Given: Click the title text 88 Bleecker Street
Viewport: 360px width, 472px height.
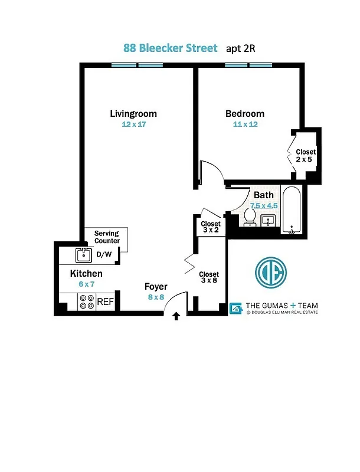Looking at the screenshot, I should click(x=171, y=48).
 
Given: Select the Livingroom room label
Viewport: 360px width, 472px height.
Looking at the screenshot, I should click(x=133, y=113).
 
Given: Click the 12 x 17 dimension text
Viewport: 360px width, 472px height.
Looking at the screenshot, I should click(x=133, y=124).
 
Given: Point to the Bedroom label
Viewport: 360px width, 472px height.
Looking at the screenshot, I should click(x=244, y=113).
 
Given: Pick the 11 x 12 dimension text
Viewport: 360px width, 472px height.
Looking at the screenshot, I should click(x=245, y=124).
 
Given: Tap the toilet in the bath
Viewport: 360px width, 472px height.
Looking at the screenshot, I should click(x=249, y=219).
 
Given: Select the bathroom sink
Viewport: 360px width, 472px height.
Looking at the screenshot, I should click(x=269, y=221).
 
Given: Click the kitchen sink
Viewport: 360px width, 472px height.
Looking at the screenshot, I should click(x=83, y=255).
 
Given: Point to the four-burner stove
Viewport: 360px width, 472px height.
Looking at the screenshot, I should click(x=87, y=301).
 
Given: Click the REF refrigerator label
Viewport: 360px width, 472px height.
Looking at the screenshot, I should click(x=105, y=301).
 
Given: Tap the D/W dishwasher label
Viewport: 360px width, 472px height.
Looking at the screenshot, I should click(x=104, y=254).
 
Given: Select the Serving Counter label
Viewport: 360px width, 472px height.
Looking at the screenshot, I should click(x=107, y=237).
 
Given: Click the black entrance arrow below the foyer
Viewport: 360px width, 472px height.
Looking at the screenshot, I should click(x=175, y=317).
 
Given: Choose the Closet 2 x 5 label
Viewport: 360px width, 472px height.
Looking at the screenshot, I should click(x=305, y=156).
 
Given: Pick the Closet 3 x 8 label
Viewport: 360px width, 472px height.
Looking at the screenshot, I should click(x=208, y=277).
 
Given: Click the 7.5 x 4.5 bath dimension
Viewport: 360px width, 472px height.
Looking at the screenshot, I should click(x=264, y=205).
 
